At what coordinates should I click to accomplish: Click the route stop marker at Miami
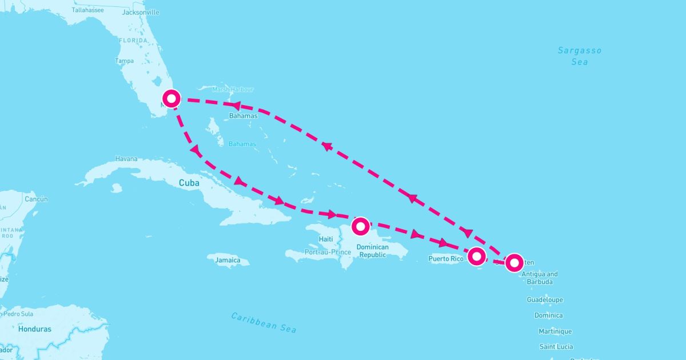171,98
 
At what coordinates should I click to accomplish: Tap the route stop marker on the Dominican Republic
361,226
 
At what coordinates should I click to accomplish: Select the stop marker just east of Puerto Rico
476,257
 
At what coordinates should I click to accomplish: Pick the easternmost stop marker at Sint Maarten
514,262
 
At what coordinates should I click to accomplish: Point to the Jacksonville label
141,12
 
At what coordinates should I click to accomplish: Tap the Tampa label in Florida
124,61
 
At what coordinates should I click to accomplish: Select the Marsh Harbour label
232,89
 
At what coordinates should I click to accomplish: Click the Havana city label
126,159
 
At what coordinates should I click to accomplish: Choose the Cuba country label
189,183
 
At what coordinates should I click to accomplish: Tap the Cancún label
36,199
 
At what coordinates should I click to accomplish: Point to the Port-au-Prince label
328,252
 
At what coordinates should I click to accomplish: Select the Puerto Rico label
445,259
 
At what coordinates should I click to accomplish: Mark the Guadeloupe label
545,299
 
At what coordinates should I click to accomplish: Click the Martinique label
555,331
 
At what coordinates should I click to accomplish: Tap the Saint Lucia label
556,346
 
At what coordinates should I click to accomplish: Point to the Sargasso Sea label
580,56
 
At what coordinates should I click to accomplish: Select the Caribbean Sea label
264,322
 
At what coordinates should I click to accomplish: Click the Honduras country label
34,329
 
